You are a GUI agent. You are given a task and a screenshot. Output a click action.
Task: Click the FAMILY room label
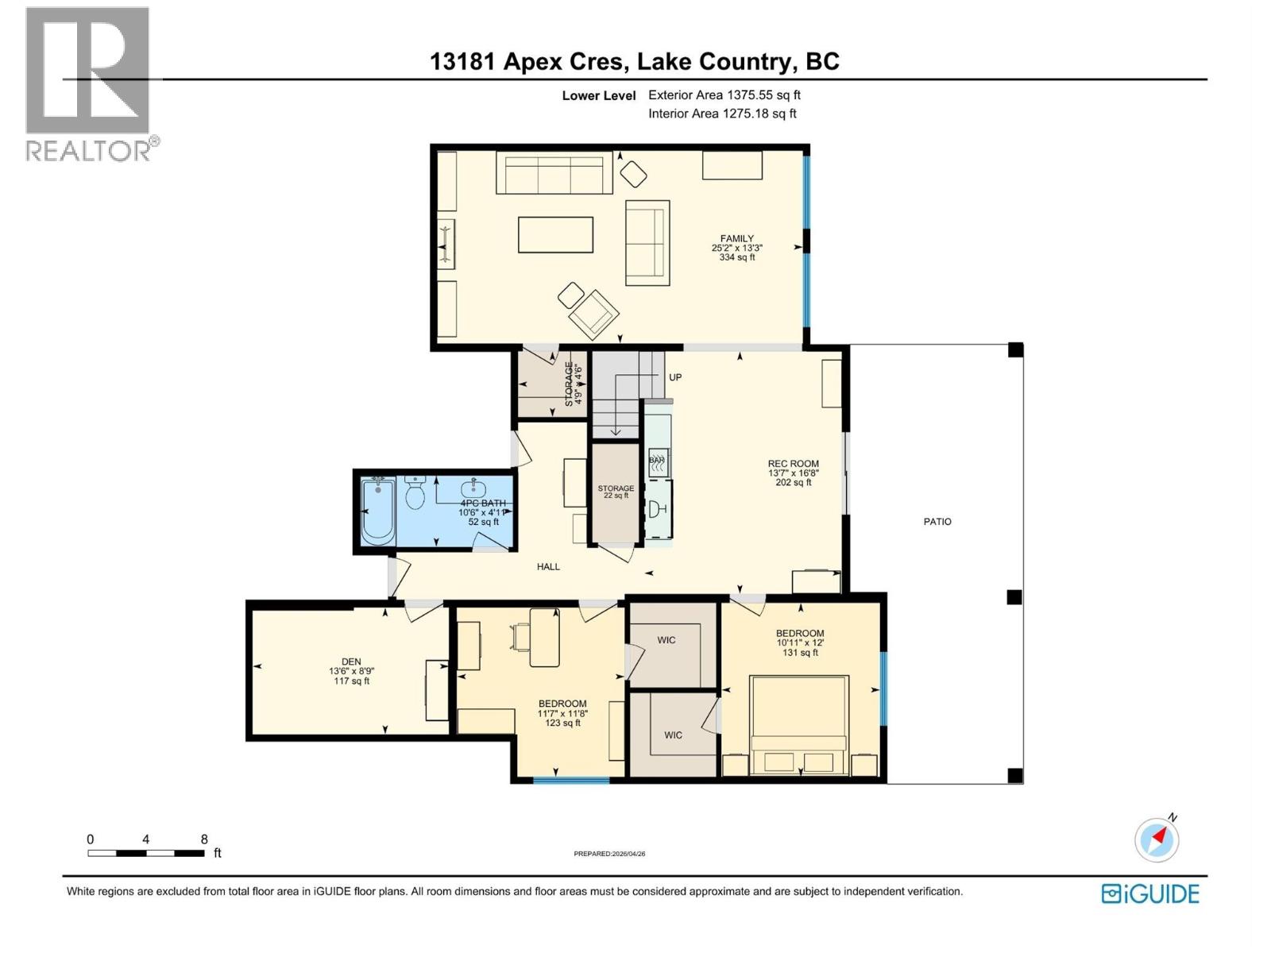[736, 238]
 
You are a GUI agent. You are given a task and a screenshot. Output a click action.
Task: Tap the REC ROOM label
[793, 464]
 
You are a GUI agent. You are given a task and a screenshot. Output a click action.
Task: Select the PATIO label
[937, 522]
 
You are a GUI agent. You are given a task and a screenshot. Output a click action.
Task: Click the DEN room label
[350, 662]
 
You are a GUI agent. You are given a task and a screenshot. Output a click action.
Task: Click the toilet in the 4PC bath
[415, 493]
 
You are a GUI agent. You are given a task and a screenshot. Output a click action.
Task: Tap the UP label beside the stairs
[675, 377]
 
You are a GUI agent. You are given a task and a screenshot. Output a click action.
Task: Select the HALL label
[548, 566]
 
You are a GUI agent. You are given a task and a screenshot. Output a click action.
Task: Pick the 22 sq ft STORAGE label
[616, 488]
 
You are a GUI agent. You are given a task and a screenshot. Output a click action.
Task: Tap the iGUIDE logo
[1150, 893]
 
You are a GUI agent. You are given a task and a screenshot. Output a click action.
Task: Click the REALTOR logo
[89, 83]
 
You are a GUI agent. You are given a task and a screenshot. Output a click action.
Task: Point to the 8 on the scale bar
[204, 839]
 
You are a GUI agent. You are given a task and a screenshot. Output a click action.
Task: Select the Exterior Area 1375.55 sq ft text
[724, 95]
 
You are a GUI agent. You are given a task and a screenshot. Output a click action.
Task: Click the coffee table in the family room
[555, 235]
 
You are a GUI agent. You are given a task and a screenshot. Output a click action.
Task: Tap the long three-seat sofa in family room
[554, 173]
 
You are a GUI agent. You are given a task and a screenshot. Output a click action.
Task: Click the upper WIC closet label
[666, 640]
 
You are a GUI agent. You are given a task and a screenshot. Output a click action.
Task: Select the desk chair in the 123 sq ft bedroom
[522, 637]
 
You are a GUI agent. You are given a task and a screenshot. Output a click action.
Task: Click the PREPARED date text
[609, 854]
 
